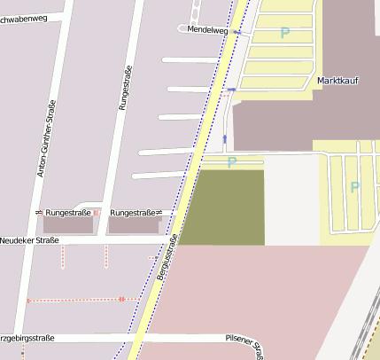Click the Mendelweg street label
(208, 30)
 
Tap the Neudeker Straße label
(29, 240)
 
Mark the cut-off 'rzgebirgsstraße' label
(27, 338)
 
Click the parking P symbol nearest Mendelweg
(284, 33)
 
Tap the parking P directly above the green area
(232, 162)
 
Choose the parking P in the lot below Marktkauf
(354, 187)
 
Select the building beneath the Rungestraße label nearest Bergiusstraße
(133, 226)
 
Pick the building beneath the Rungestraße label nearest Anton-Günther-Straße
(68, 226)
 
